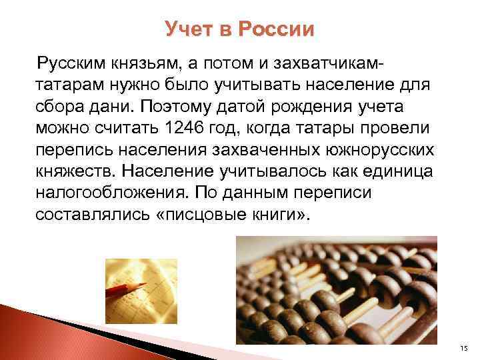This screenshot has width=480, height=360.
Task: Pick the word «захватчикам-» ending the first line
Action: click(x=337, y=63)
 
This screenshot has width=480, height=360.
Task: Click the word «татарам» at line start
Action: click(x=67, y=85)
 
